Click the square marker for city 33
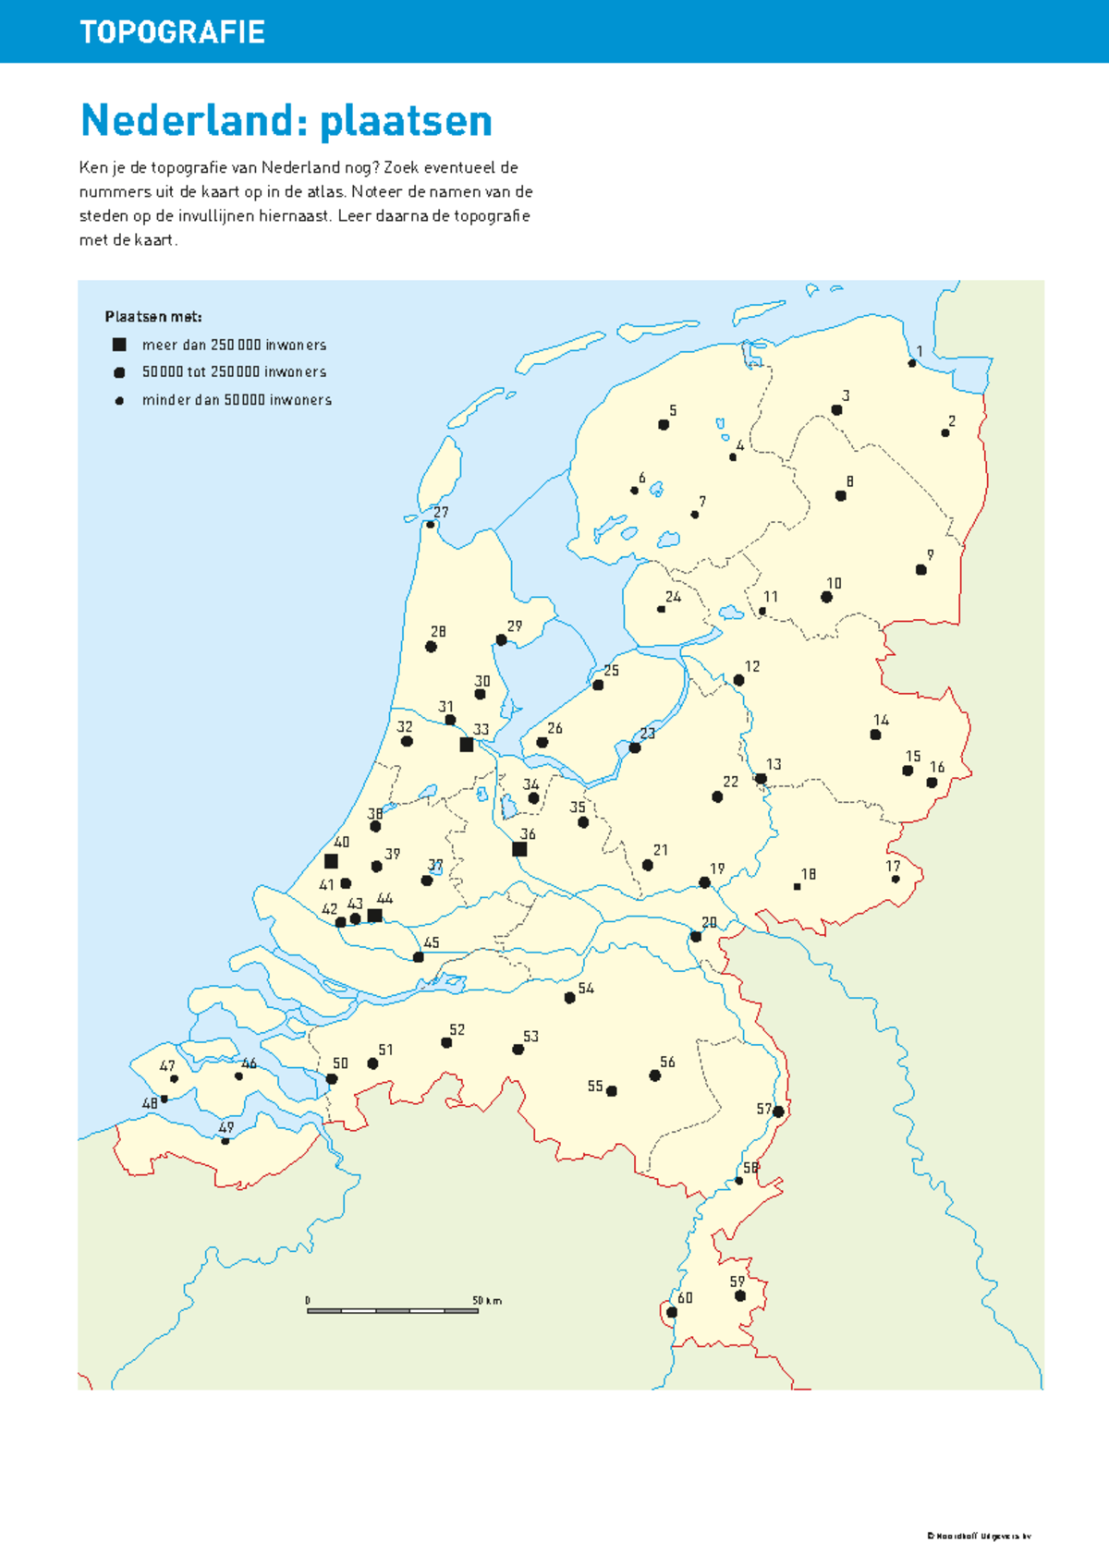pos(467,745)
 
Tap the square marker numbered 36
pos(519,849)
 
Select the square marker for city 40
pos(331,861)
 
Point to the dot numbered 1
pos(912,363)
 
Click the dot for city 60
pos(672,1312)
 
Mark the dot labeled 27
pos(430,525)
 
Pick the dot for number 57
pos(778,1111)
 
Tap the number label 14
pos(882,720)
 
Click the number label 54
pos(586,989)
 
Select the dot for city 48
pos(165,1099)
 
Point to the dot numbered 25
pos(598,686)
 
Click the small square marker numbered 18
pos(797,887)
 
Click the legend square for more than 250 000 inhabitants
pos(119,345)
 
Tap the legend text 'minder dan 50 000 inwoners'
pos(237,400)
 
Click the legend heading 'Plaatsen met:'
pos(153,317)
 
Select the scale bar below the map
pos(393,1310)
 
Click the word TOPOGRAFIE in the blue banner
pos(173,32)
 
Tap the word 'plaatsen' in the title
pos(406,121)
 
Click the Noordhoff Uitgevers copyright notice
pos(979,1537)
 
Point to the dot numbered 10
pos(826,597)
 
